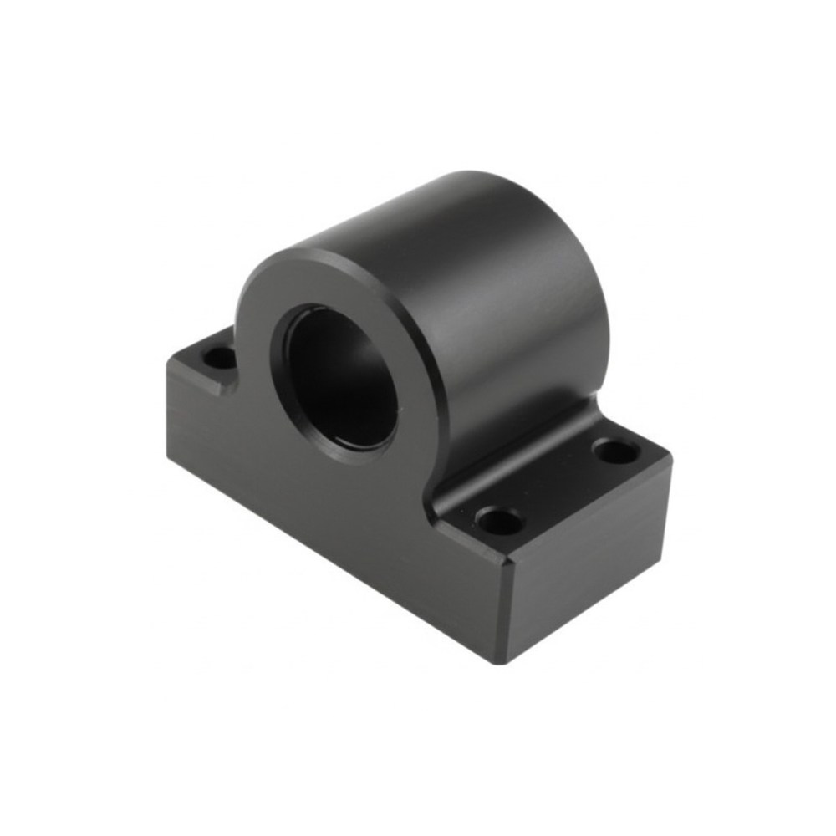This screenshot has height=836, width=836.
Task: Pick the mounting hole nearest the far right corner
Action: (x=616, y=452)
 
